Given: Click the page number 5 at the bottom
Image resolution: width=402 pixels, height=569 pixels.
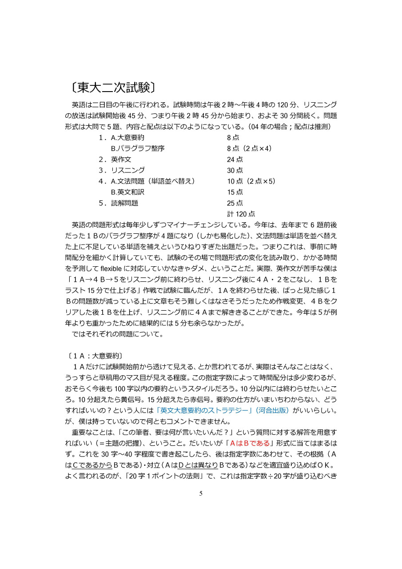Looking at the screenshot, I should pos(201,493).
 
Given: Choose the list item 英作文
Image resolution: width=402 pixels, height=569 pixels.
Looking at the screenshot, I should pos(121,160).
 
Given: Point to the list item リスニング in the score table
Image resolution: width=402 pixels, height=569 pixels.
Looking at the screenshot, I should pos(127,170).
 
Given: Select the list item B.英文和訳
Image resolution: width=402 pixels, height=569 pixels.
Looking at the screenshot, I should pos(127,192).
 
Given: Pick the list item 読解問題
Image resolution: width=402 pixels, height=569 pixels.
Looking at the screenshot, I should pos(124,203).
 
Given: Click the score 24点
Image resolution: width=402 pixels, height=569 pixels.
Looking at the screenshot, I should pos(235,160).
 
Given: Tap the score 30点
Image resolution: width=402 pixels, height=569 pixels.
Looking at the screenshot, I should pos(235,170).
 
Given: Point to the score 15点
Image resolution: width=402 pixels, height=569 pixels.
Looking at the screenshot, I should pos(235,192).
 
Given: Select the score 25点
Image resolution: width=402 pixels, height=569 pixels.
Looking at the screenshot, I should pos(235,203).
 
